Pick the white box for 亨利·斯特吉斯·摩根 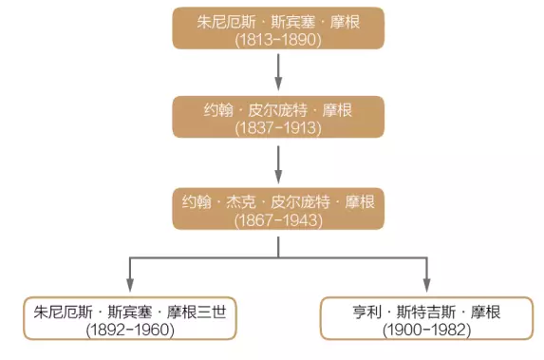coord(424,318)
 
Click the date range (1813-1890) coord(278,41)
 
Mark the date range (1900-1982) coord(424,330)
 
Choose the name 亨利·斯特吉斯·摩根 coord(424,311)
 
